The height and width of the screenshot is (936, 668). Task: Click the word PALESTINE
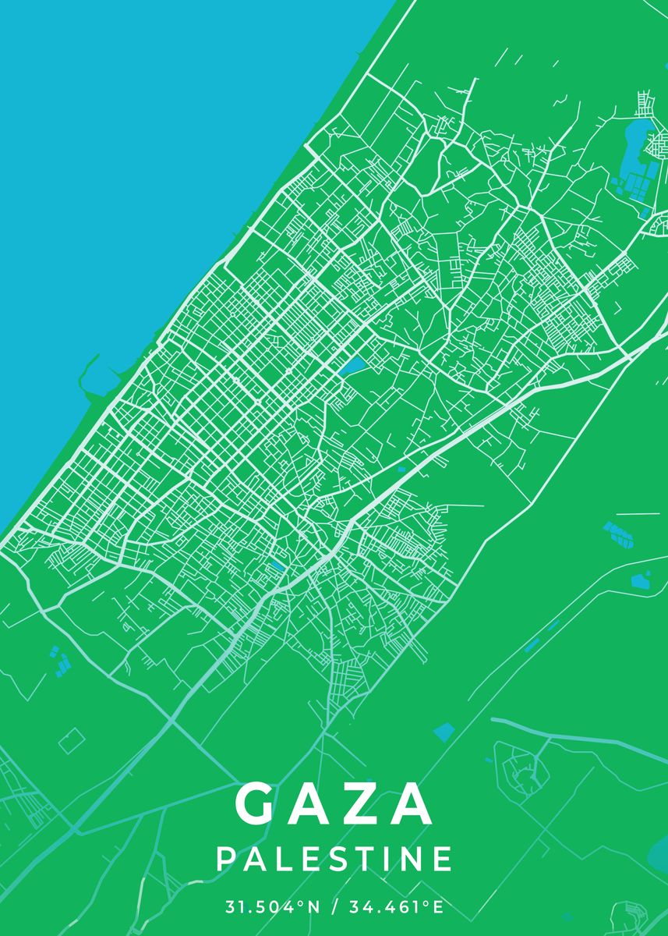tap(334, 859)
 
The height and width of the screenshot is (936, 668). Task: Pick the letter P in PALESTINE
tap(224, 859)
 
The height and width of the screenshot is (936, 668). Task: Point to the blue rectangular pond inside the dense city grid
tap(352, 365)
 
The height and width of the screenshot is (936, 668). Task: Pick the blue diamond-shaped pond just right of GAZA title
tap(444, 732)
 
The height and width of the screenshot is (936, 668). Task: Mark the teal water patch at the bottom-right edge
tap(659, 858)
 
